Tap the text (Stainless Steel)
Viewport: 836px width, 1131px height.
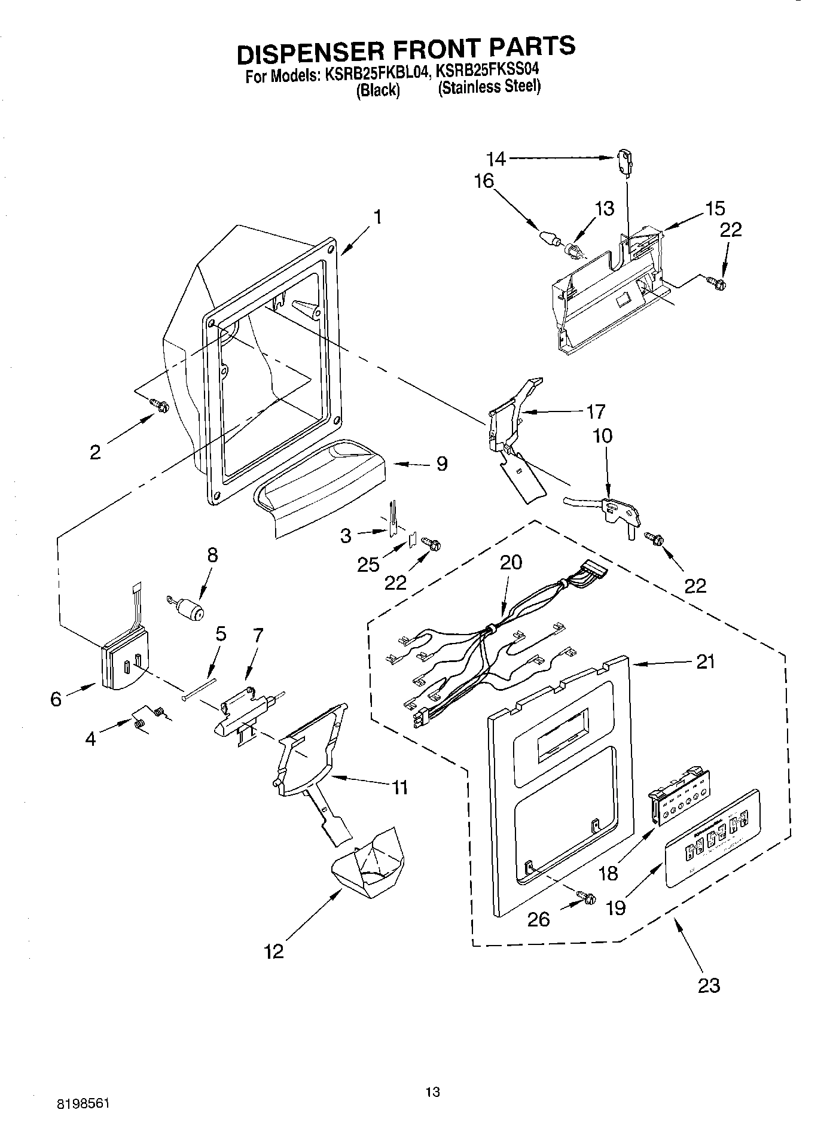pyautogui.click(x=489, y=88)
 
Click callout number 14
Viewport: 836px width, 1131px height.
pyautogui.click(x=496, y=158)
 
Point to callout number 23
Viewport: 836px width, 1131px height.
pyautogui.click(x=709, y=984)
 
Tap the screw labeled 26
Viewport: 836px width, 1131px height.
pyautogui.click(x=587, y=897)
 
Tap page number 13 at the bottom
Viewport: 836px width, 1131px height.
pyautogui.click(x=432, y=1092)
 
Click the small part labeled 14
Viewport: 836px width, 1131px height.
pyautogui.click(x=624, y=162)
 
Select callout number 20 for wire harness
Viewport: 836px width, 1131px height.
pyautogui.click(x=511, y=562)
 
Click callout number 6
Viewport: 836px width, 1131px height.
pyautogui.click(x=56, y=699)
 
